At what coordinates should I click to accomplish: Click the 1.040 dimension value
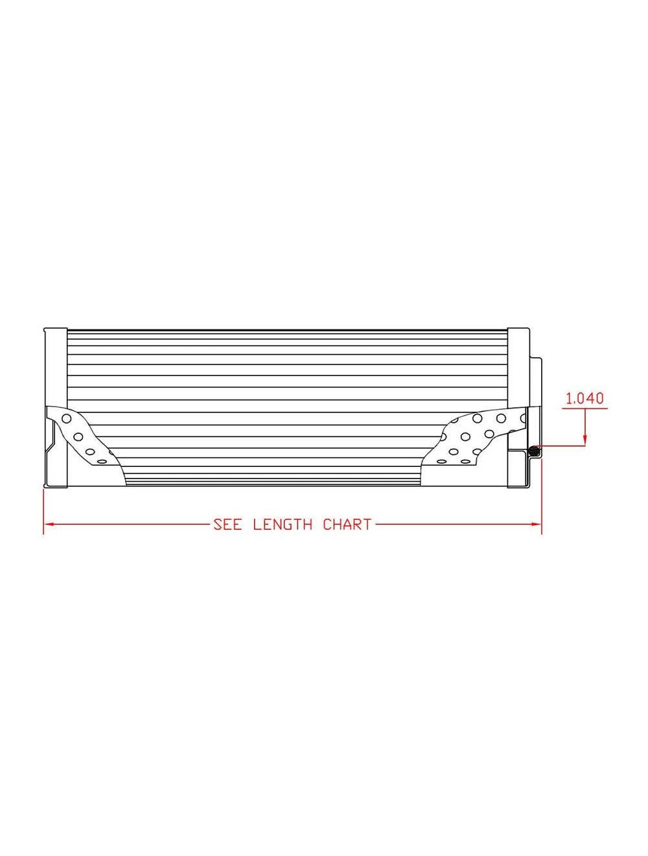584,398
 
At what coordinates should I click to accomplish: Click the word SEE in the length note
227,525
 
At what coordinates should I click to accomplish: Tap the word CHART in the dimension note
347,525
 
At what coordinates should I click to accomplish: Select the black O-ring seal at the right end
533,449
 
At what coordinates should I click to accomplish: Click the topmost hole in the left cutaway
66,418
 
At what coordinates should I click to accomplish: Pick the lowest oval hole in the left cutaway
100,462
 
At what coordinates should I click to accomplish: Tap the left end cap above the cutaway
55,366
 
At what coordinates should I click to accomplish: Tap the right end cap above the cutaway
518,366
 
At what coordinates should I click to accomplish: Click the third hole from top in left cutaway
90,451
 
